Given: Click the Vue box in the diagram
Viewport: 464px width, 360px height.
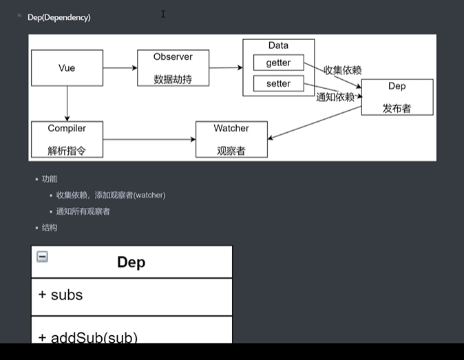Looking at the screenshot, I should coord(67,67).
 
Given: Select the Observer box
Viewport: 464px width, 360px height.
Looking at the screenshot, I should coord(173,67).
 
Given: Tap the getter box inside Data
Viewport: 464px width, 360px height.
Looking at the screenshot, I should coord(278,63).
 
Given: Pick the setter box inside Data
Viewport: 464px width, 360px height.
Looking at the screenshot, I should coord(278,83).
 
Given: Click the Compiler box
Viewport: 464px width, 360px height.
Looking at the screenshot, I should coord(67,139).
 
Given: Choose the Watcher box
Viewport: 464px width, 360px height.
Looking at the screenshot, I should coord(231,139).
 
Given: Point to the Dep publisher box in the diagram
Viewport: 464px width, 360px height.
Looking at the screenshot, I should coord(397,97).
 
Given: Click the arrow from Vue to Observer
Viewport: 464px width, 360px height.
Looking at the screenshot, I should coord(120,67).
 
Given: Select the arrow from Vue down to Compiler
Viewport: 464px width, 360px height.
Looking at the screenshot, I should coord(67,103).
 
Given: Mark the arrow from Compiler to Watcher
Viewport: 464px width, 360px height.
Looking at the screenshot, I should coord(149,139).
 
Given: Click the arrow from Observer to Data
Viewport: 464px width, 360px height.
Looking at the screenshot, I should coord(225,67).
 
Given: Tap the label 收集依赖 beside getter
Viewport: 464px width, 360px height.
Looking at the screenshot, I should coord(343,70).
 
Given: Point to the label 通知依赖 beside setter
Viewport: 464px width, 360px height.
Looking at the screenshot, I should coord(335,97).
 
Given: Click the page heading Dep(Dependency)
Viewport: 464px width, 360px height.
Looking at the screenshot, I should coord(59,17).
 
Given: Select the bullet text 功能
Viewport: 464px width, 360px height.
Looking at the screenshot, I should coord(50,178).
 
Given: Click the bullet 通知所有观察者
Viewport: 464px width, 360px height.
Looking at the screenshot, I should coord(83,211).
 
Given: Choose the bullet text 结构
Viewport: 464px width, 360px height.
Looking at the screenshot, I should coord(50,227).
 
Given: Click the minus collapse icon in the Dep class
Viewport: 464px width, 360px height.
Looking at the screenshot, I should coord(42,257).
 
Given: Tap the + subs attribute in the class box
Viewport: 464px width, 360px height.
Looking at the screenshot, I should coord(61,295).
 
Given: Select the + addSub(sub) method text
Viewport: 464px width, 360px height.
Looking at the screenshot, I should coord(88,337).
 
